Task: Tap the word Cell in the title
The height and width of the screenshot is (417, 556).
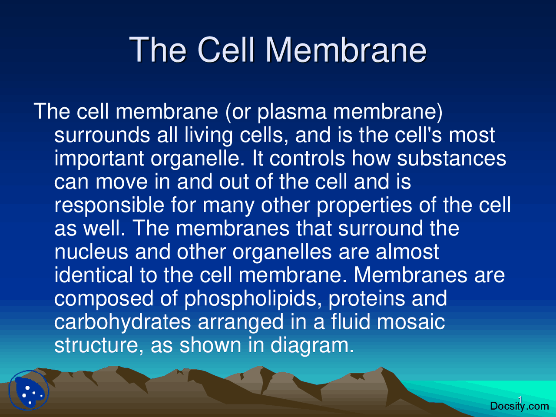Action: [x=226, y=50]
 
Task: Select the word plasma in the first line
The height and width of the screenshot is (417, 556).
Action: [x=291, y=112]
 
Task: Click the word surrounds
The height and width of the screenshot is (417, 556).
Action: [x=102, y=135]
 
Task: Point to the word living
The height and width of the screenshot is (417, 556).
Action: [x=208, y=135]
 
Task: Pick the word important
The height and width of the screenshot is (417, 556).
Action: [x=99, y=159]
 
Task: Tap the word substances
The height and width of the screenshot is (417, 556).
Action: [x=452, y=159]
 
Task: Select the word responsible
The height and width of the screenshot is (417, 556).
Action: [x=109, y=205]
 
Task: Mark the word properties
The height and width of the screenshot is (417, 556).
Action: [x=364, y=205]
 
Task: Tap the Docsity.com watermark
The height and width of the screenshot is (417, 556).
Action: [x=519, y=406]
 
